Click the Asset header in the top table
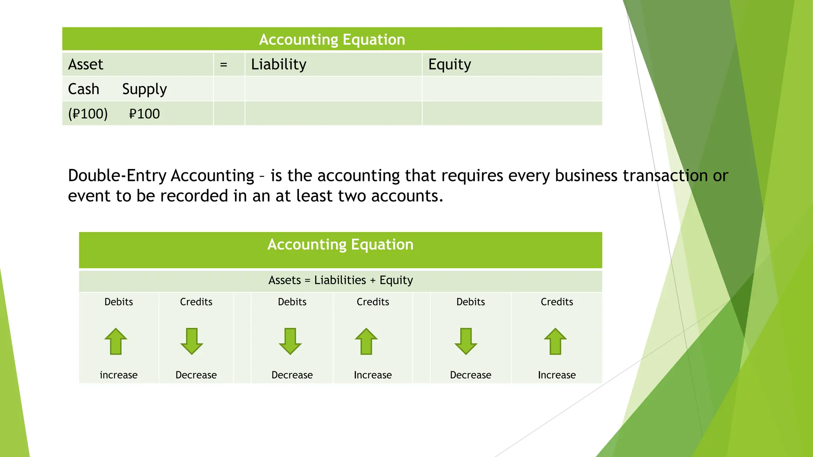(86, 64)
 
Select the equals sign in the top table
(223, 64)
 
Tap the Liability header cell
(279, 64)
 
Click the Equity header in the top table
(449, 64)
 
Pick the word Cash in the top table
(83, 89)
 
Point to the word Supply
(144, 89)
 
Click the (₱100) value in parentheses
(88, 114)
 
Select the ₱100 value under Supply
(144, 114)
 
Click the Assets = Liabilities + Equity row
(341, 280)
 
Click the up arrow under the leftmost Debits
(116, 341)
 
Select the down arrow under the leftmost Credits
(192, 341)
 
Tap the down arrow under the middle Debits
(290, 341)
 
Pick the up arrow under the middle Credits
(366, 341)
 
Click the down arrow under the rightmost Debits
(466, 341)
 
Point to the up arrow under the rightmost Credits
(555, 341)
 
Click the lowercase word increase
(119, 375)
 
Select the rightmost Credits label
(557, 302)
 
